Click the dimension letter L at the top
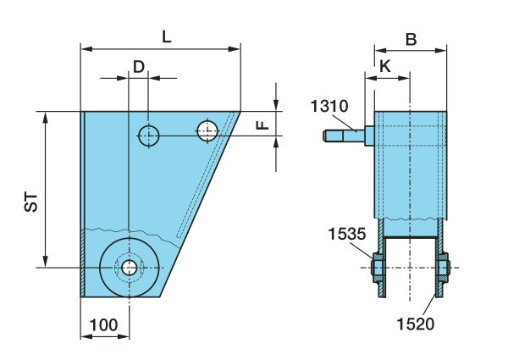pyautogui.click(x=167, y=37)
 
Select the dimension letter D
pyautogui.click(x=139, y=67)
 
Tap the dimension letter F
pyautogui.click(x=262, y=125)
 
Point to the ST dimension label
pyautogui.click(x=31, y=202)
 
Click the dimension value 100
pyautogui.click(x=103, y=325)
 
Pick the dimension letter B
pyautogui.click(x=411, y=40)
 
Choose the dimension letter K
pyautogui.click(x=385, y=66)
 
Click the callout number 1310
pyautogui.click(x=329, y=106)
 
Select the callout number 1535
pyautogui.click(x=347, y=234)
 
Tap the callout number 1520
pyautogui.click(x=416, y=324)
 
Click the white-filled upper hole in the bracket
pyautogui.click(x=207, y=130)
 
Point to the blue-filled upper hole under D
pyautogui.click(x=149, y=136)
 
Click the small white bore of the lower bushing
pyautogui.click(x=130, y=268)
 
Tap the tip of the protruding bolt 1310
pyautogui.click(x=324, y=136)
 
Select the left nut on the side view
pyautogui.click(x=378, y=268)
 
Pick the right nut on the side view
pyautogui.click(x=442, y=268)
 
